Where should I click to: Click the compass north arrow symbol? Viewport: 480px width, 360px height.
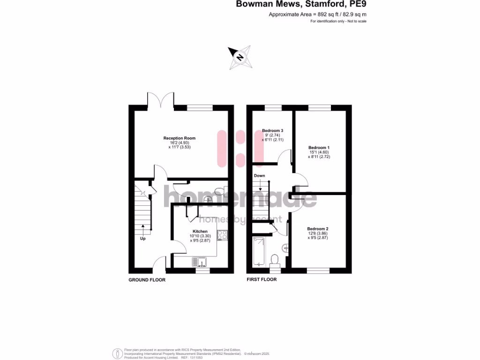coord(240,58)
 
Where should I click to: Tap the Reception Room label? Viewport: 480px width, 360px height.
coord(179,138)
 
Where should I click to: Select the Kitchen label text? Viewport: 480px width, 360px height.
coord(200,231)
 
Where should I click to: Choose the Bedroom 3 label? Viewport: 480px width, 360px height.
coord(272,130)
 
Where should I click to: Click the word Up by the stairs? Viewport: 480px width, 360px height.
coord(142,239)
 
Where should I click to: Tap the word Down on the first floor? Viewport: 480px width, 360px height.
coord(259,176)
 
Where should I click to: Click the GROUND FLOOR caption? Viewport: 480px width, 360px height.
coord(147,280)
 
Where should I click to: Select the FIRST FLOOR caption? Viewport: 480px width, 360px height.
coord(262,279)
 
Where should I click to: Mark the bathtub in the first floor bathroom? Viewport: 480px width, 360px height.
coord(258,252)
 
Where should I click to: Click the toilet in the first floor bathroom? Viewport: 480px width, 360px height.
coord(275,259)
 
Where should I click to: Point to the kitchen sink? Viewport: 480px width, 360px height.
coord(199,261)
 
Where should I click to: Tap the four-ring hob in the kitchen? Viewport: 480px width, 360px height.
coord(222,235)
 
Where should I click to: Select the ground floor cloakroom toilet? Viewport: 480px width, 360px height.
coord(219,190)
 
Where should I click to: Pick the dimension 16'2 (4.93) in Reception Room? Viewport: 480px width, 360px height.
coord(179,142)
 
